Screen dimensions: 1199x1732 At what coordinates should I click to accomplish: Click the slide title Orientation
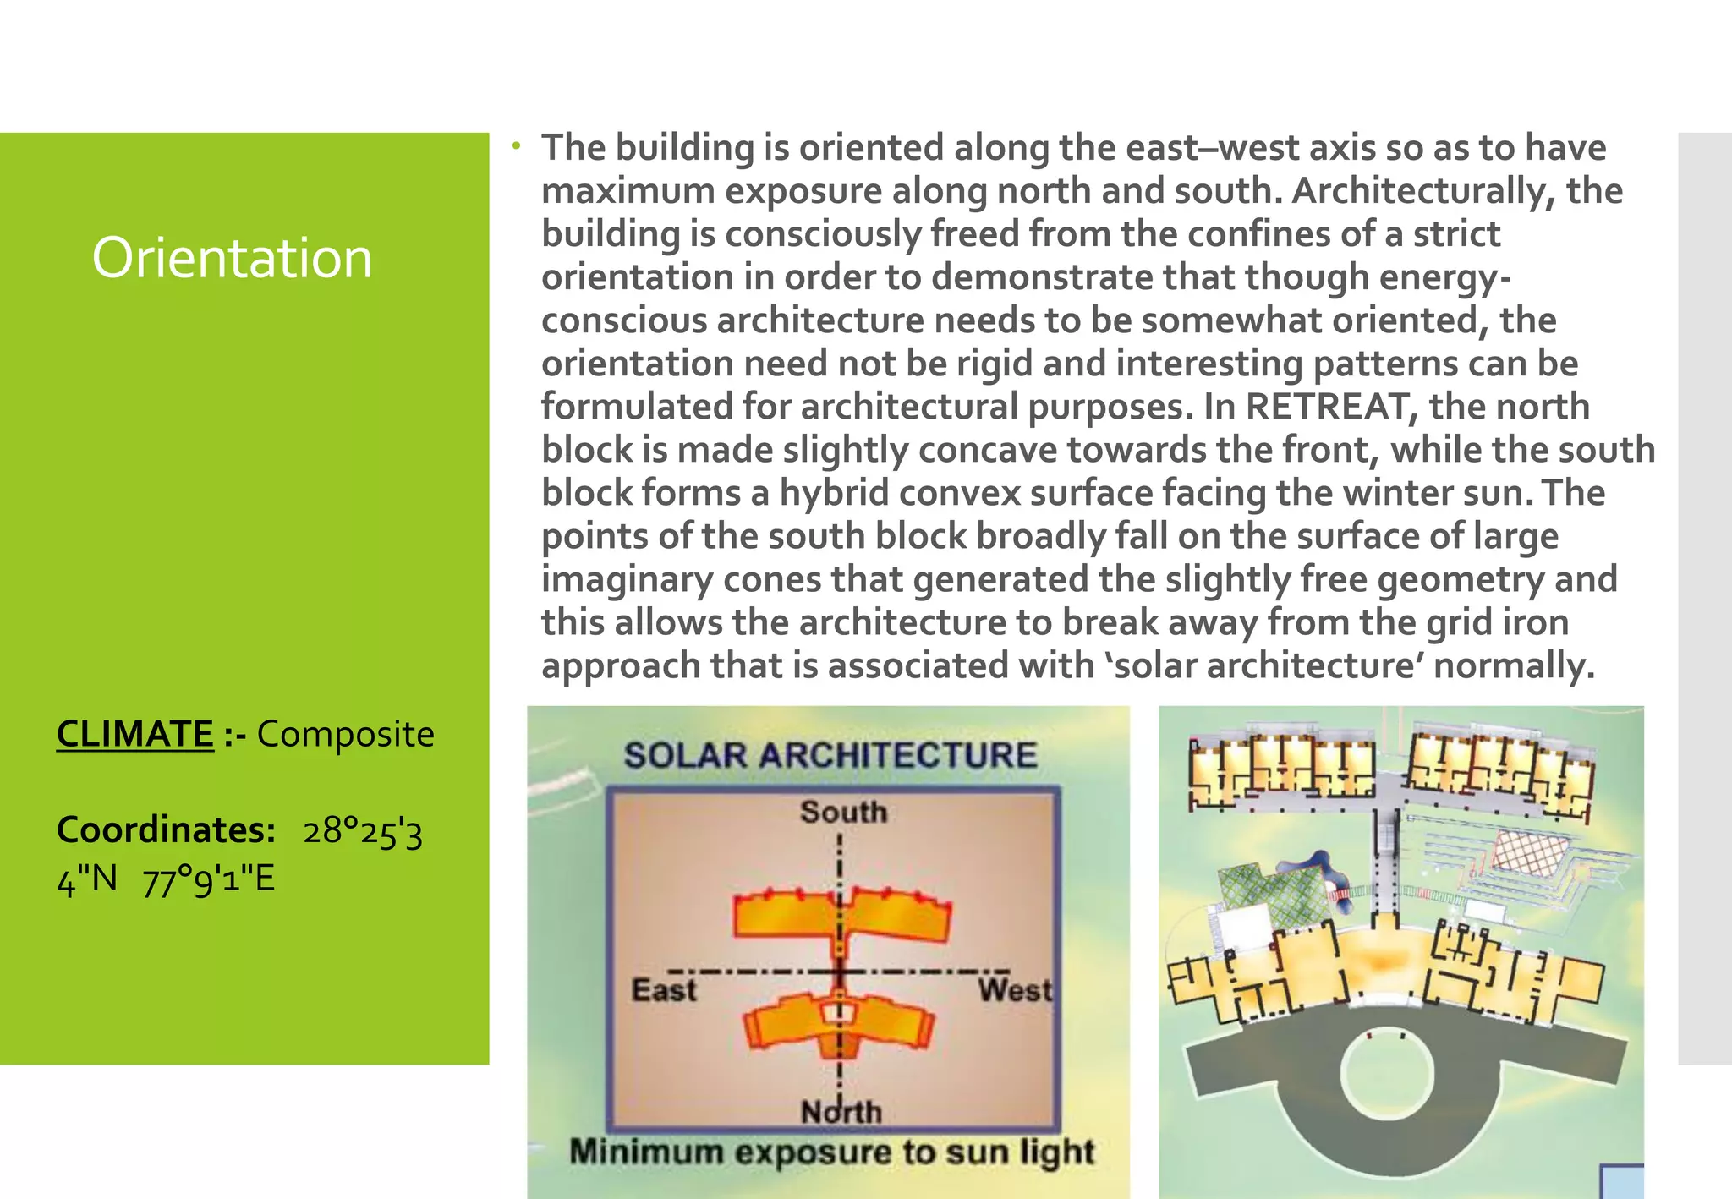[x=232, y=258]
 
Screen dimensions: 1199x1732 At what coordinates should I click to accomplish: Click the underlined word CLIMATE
[x=134, y=734]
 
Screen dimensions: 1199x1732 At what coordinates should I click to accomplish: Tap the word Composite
[x=345, y=734]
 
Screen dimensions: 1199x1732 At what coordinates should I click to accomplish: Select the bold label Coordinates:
[x=166, y=830]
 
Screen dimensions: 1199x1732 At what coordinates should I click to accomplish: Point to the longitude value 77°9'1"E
[x=209, y=880]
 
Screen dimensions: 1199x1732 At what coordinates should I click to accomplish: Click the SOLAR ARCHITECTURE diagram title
[x=830, y=755]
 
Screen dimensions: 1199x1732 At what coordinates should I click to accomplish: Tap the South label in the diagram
[x=843, y=812]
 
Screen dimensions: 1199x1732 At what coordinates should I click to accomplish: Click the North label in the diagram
[x=841, y=1111]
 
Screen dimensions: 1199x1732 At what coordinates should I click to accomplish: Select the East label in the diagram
[x=664, y=990]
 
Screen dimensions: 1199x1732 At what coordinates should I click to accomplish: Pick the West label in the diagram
[x=1015, y=990]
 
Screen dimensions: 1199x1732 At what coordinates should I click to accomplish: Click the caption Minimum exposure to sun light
[x=831, y=1152]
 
